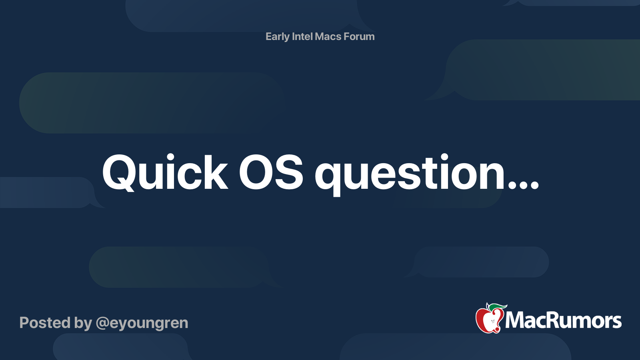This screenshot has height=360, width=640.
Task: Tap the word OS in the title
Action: pos(271,173)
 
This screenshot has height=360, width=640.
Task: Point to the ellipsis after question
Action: pos(524,185)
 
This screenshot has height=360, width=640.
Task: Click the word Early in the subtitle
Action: pos(277,37)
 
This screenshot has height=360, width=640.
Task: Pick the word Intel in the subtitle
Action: pos(302,36)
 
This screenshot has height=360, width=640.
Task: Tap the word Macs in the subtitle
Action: pos(328,36)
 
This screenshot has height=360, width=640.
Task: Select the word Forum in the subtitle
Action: pos(359,36)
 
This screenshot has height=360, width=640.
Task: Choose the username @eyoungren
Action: pos(142,323)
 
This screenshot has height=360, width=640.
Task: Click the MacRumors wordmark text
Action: pos(563,320)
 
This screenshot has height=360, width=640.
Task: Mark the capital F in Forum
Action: pos(347,36)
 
